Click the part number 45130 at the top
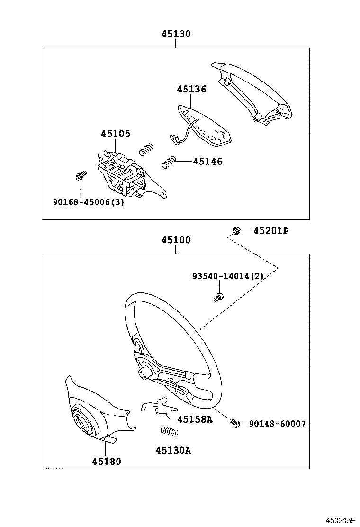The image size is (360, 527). [x=176, y=34]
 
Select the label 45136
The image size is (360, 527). [x=191, y=89]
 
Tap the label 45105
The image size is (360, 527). [x=115, y=134]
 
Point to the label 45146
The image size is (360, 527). [x=207, y=162]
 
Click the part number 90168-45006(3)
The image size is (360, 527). [x=88, y=202]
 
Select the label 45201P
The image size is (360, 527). [x=271, y=231]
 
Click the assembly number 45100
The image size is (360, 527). [x=176, y=240]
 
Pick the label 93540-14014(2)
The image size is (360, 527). [x=227, y=276]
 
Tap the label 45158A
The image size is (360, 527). [x=195, y=419]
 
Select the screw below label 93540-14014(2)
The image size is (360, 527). [x=217, y=298]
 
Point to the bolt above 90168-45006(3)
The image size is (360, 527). [x=80, y=176]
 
